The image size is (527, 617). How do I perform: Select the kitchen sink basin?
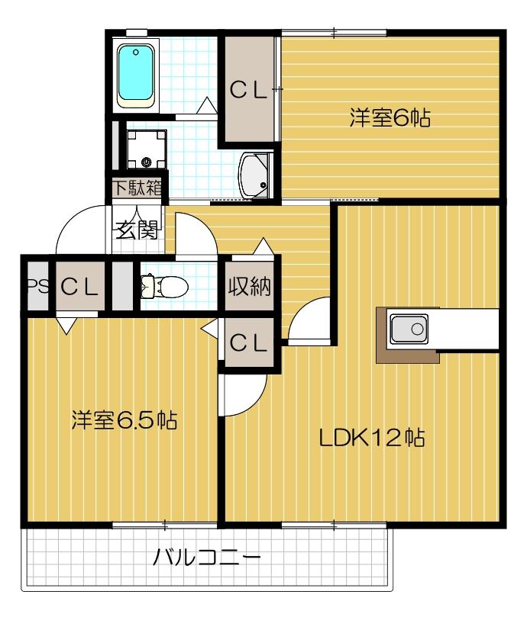point(409,329)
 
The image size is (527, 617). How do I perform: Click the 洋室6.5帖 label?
point(124,419)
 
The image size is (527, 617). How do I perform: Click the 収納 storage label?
point(248,288)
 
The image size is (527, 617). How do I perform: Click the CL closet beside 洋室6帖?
point(249,91)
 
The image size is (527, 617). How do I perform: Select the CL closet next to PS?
point(80,288)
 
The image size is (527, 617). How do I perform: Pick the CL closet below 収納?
point(248,343)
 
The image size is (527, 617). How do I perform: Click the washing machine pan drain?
point(147,162)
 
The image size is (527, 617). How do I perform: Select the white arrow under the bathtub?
point(207,108)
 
